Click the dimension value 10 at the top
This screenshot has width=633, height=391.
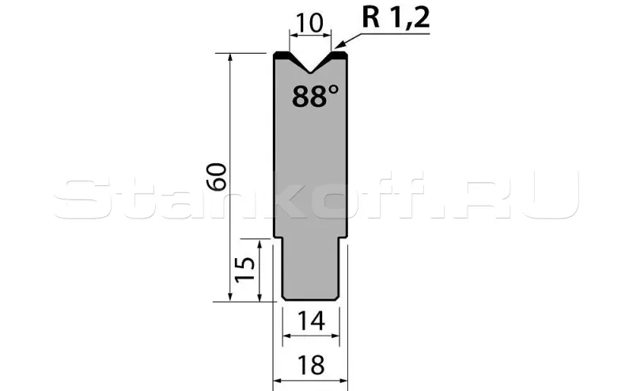(x=309, y=23)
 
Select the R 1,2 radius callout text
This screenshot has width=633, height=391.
(x=396, y=17)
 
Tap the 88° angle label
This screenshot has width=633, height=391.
(x=315, y=96)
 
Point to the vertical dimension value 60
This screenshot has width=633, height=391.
(x=216, y=177)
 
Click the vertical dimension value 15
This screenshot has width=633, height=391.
(x=245, y=269)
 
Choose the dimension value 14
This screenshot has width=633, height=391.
(x=311, y=321)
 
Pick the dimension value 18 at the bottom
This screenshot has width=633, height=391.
(x=311, y=365)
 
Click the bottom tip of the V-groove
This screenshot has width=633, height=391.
(x=310, y=73)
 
